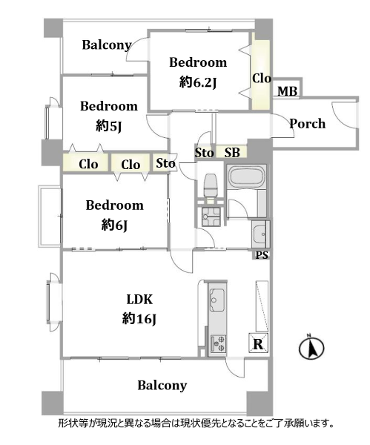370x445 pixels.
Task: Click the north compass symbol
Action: pos(311,347)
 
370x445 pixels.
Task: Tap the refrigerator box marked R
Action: pos(258,343)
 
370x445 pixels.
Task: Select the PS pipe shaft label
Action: pos(262,255)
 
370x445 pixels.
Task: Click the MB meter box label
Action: pos(287,91)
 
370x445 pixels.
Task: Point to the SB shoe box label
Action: pos(232,152)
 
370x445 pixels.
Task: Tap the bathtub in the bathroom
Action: pos(247,177)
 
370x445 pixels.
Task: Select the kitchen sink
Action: pos(217,299)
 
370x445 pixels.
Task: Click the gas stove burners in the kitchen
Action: pos(218,343)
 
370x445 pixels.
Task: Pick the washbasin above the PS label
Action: pos(260,234)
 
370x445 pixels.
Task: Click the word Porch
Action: pos(307,124)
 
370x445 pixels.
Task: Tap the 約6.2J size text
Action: pos(198,82)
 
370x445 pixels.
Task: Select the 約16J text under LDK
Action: pos(139,319)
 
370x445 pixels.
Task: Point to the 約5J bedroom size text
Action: pos(109,126)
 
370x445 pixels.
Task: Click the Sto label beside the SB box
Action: pos(205,153)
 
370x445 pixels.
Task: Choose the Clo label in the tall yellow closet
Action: pos(262,79)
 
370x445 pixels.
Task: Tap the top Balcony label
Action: pos(107,44)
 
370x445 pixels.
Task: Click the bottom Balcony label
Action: pos(162,385)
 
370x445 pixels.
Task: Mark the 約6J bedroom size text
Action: pos(114,225)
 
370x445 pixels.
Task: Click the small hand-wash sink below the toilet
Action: pos(211,217)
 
